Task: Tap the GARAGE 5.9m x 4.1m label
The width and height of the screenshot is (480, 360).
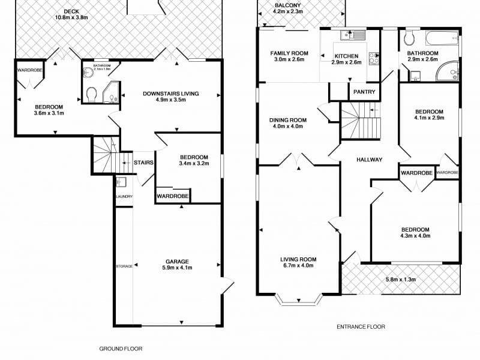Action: (177, 265)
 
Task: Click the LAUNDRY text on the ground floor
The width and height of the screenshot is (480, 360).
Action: (123, 197)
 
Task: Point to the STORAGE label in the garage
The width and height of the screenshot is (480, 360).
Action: (124, 265)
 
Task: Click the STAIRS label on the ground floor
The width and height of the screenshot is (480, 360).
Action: (143, 162)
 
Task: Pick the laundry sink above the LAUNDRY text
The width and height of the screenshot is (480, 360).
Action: (120, 182)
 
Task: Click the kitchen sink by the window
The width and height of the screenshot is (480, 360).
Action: (353, 35)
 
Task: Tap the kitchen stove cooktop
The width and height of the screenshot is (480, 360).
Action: (374, 58)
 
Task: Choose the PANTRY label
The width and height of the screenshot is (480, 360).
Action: (364, 92)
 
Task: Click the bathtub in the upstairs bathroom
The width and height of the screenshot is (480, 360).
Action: (443, 40)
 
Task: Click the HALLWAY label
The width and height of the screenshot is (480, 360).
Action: (370, 159)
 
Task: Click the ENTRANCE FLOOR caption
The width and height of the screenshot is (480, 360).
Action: (361, 327)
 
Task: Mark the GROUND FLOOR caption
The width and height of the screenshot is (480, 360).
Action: (121, 349)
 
